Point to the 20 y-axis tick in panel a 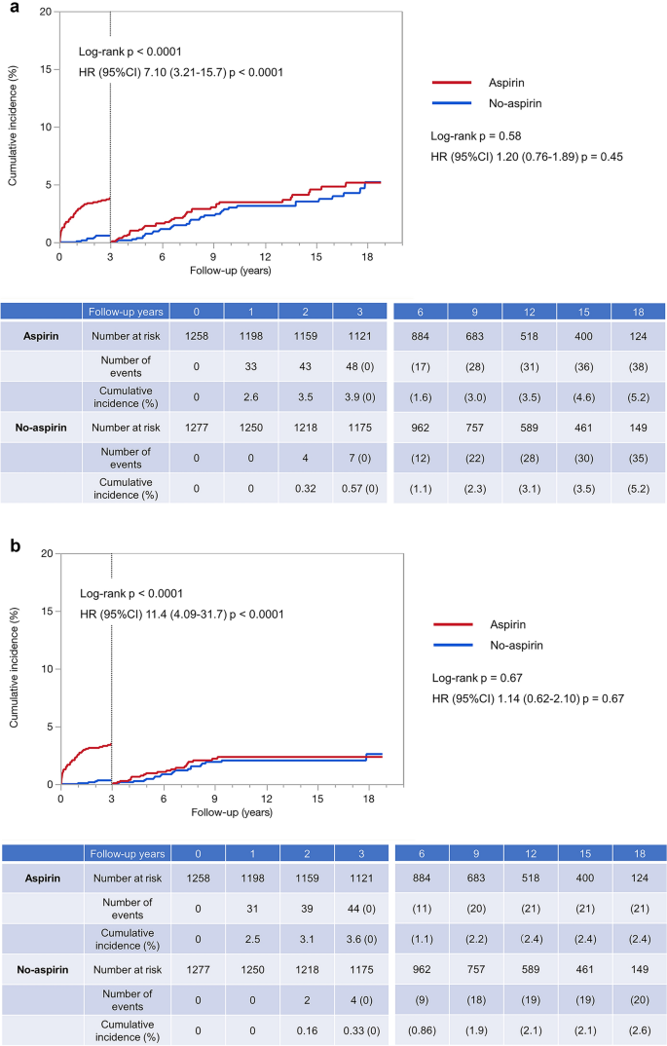[43, 12]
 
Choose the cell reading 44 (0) [359, 911]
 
